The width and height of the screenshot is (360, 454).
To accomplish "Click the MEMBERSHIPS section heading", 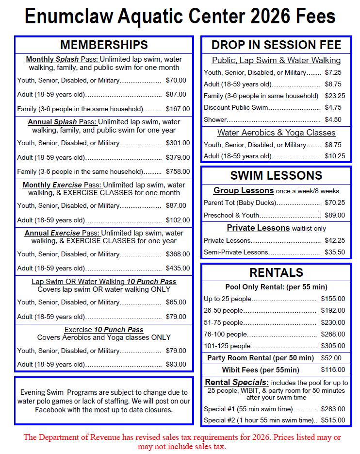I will tap(104, 45).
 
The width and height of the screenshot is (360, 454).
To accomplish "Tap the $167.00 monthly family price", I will tap(178, 109).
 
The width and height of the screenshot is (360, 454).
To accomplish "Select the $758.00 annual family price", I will tap(178, 171).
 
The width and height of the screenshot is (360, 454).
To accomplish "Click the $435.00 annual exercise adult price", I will tap(178, 268).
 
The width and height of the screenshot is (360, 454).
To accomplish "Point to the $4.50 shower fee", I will tap(333, 119).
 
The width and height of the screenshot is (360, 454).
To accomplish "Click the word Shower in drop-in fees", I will tap(215, 119).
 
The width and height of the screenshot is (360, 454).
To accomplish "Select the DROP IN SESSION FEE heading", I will tap(276, 45).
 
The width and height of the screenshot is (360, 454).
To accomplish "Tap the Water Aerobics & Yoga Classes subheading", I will tap(276, 133).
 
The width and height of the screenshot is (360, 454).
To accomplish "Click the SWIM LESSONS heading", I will tap(276, 175).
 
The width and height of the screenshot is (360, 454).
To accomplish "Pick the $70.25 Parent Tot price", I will tap(335, 202).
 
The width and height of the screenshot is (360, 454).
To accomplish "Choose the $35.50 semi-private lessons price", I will tap(335, 252).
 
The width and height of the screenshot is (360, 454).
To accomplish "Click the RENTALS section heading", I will tap(276, 272).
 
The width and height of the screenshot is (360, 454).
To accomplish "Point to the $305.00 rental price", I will tap(333, 346).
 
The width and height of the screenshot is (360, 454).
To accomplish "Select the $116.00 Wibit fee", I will tap(333, 370).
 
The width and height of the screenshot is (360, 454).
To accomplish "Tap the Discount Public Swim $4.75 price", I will tap(333, 108).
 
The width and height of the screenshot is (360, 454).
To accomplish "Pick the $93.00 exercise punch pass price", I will tap(176, 364).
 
